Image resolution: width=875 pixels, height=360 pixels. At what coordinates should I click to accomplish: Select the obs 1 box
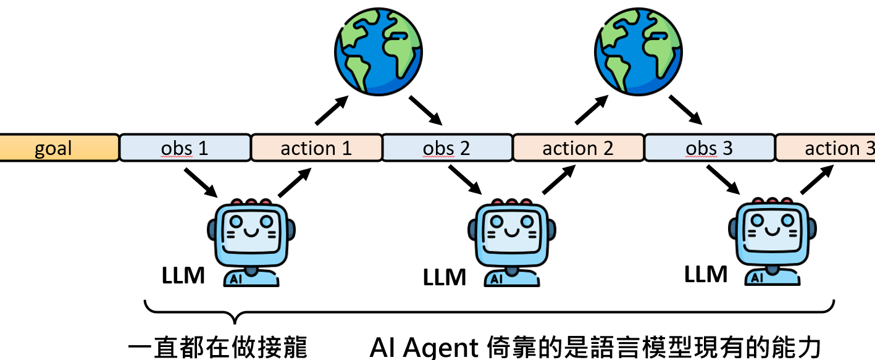coord(185,148)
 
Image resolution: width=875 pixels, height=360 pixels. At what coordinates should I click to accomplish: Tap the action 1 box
coord(316,148)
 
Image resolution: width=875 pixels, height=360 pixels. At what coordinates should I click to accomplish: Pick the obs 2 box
coord(447,148)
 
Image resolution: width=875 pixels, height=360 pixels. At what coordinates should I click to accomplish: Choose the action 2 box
coord(578,148)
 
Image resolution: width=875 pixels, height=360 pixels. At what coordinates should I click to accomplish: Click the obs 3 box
coord(710,148)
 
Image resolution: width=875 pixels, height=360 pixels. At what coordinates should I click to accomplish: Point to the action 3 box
coord(827,148)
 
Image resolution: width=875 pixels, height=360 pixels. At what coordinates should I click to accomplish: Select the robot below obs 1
coord(251,241)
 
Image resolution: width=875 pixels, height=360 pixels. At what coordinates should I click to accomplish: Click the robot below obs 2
coord(511,241)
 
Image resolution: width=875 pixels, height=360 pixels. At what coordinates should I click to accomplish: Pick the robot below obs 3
coord(772,241)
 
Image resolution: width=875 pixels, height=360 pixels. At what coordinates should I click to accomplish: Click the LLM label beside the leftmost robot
coord(183,275)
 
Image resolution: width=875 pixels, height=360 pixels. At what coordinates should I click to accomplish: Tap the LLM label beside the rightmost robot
coord(706,273)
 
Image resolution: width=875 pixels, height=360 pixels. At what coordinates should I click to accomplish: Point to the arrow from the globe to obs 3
coord(687,109)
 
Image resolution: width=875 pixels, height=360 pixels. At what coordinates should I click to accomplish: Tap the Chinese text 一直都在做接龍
coord(217,348)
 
